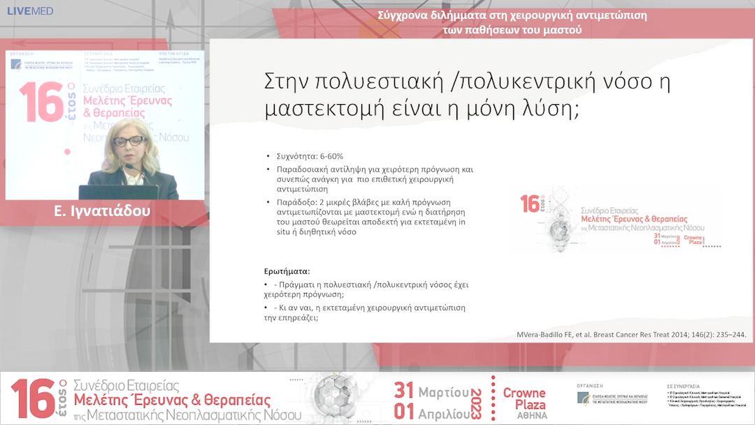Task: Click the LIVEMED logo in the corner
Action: [29, 11]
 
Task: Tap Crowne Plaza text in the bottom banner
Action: [524, 398]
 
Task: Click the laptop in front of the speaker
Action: [112, 192]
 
